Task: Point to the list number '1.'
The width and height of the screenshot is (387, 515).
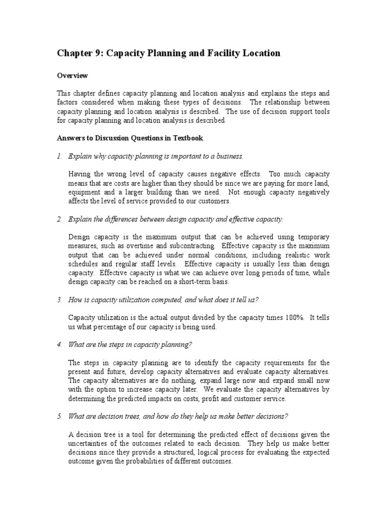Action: [58, 156]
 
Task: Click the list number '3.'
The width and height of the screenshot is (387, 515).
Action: [58, 300]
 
